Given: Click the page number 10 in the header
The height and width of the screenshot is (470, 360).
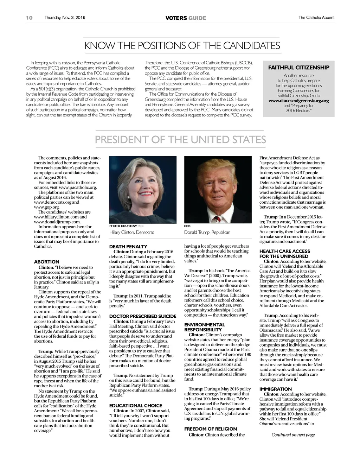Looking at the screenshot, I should tap(29, 18).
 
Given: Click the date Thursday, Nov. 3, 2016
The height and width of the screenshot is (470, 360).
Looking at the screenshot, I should tap(65, 18).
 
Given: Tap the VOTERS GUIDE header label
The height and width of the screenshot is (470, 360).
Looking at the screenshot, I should tap(186, 18).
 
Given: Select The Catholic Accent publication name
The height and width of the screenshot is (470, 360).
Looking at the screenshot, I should tap(316, 18).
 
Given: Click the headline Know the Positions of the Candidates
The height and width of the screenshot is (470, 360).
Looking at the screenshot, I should tap(182, 46).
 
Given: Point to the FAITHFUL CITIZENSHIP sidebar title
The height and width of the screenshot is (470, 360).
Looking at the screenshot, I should tap(299, 68).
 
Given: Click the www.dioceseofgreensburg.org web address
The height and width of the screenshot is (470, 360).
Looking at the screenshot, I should tap(299, 101).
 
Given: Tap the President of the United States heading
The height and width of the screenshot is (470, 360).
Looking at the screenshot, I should tap(180, 140).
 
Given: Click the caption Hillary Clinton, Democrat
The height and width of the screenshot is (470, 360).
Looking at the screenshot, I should tap(131, 232).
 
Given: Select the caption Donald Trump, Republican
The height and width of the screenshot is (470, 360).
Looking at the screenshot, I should tap(207, 232).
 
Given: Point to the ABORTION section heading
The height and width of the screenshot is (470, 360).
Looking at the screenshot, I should tap(47, 262).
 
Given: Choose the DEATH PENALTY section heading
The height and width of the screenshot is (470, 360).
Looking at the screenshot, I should tap(128, 247).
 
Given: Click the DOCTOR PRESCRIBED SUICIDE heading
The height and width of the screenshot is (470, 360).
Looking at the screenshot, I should tap(143, 316).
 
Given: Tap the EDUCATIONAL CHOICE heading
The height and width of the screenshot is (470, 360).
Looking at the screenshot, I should tap(136, 406).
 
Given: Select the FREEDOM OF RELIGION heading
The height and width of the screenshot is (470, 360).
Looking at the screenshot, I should tap(211, 429).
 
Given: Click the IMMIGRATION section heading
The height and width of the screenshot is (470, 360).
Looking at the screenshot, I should tap(276, 389).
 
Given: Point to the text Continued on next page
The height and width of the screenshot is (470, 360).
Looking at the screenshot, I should tap(293, 435).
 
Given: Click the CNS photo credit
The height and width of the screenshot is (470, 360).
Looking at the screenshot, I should tap(187, 226).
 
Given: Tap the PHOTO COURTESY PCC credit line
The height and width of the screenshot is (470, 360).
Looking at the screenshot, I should tap(127, 226).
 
